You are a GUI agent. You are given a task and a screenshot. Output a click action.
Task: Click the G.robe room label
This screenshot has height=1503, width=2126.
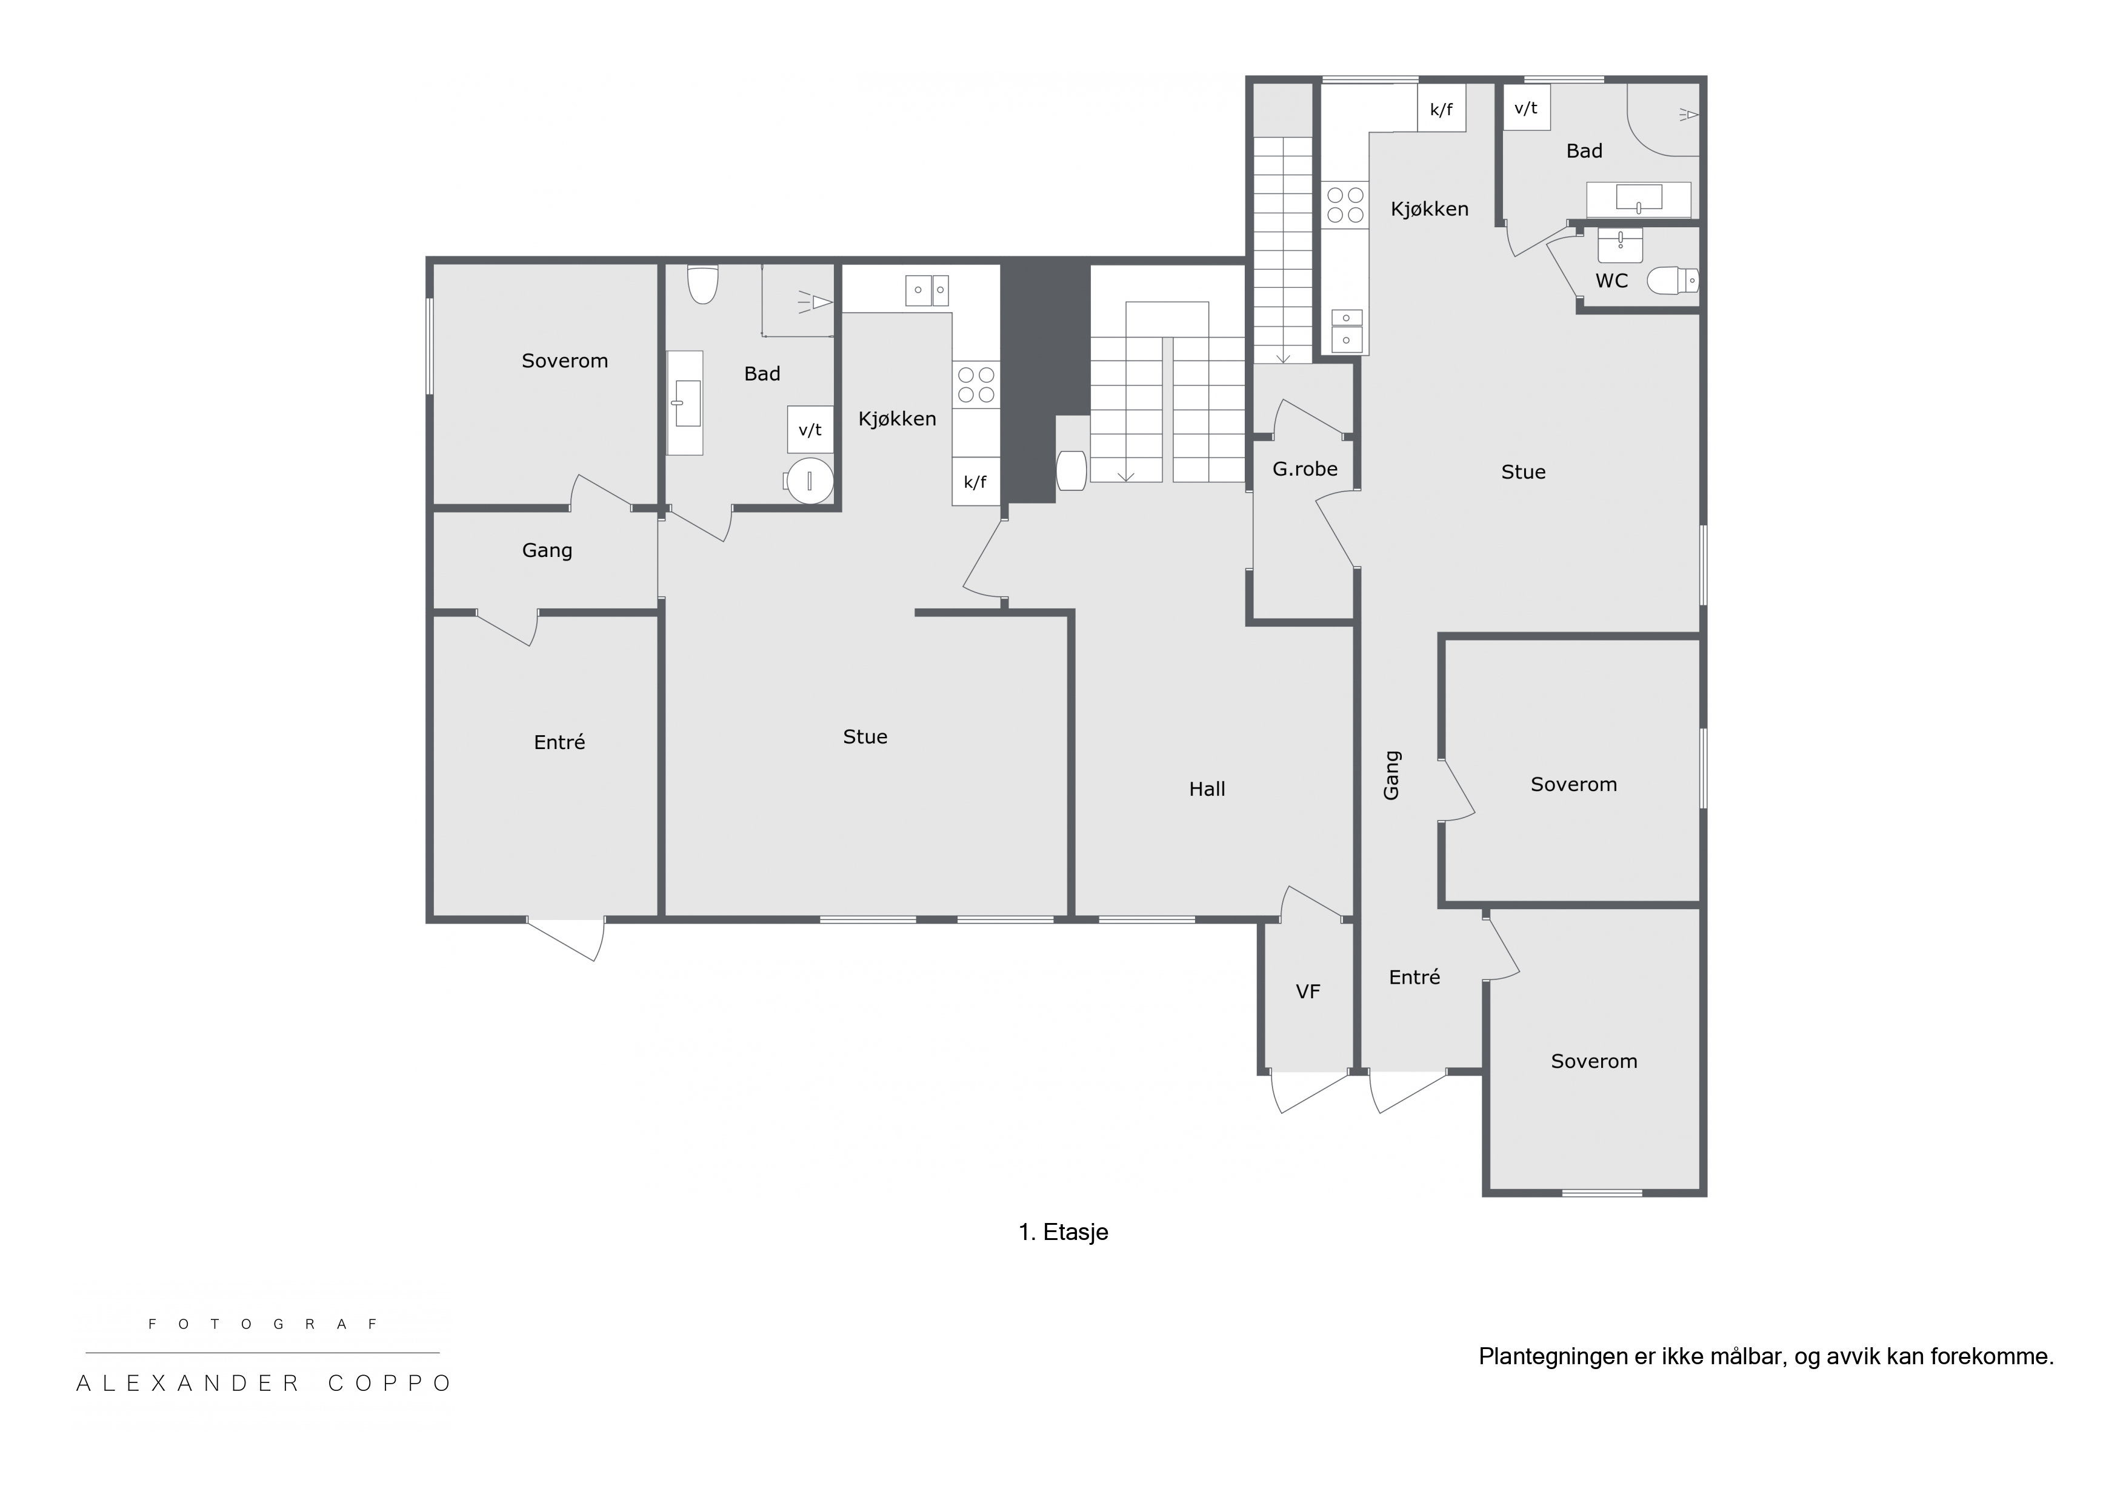coord(1305,470)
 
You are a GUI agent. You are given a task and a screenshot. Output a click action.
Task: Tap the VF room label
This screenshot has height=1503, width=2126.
coord(1307,992)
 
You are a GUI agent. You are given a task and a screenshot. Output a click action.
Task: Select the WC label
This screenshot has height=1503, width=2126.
coord(1611,281)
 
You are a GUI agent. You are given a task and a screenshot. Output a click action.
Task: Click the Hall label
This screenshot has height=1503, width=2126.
coord(1207,789)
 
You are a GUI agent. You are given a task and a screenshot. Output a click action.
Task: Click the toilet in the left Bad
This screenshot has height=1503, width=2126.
coord(703,284)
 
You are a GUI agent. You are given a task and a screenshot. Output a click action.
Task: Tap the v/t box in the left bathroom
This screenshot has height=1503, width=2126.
coord(810,430)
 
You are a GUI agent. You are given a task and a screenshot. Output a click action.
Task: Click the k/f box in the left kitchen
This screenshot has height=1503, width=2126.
coord(975,482)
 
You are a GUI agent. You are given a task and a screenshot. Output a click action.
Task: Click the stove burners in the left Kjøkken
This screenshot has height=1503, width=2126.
coord(976,384)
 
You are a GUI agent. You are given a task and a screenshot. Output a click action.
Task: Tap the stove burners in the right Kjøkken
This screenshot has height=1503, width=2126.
coord(1344,205)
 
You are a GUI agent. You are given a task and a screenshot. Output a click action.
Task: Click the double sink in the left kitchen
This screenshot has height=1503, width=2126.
coord(927,290)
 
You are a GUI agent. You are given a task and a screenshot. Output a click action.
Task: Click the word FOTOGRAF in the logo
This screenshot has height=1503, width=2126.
coord(263,1324)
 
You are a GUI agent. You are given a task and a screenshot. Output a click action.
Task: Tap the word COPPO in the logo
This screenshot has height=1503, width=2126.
coord(390,1384)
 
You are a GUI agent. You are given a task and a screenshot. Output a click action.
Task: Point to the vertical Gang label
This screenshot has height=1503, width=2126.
coord(1391,775)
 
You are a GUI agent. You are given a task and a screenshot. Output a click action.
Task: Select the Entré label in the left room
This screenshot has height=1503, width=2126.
coord(559,742)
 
